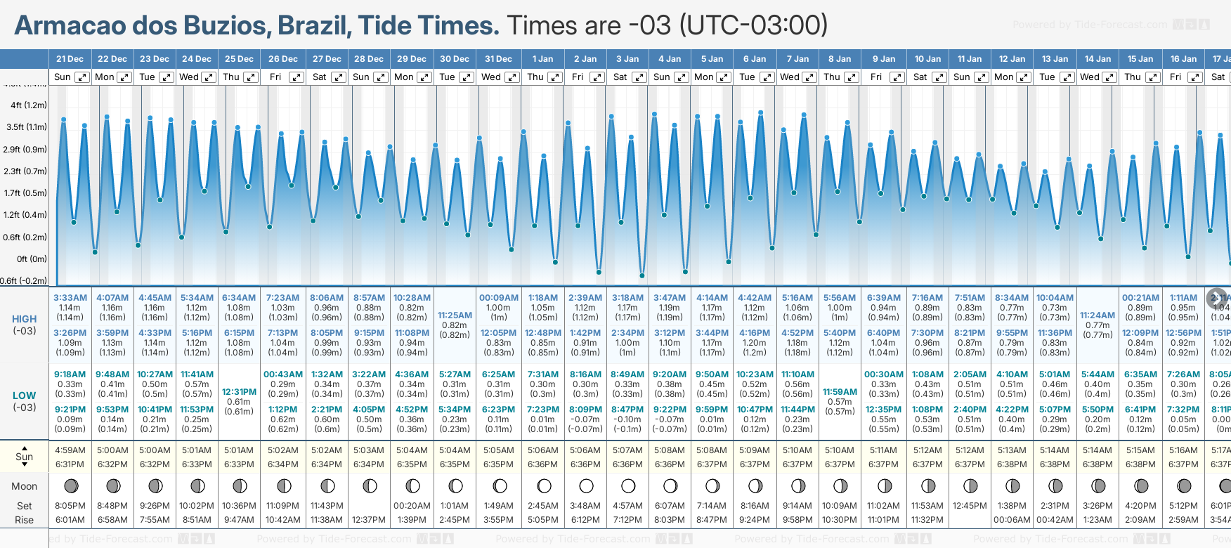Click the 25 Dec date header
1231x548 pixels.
[x=239, y=59]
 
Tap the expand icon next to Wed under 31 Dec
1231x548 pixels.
[x=512, y=77]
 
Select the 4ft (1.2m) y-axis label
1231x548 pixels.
[x=29, y=105]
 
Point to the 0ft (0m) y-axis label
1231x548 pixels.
[x=32, y=259]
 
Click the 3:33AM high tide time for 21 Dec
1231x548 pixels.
[x=70, y=298]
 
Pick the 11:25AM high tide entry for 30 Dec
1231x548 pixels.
[x=455, y=315]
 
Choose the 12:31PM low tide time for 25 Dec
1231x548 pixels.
[x=239, y=392]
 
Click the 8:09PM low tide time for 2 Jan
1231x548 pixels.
[x=585, y=410]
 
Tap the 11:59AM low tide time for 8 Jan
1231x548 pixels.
[x=840, y=392]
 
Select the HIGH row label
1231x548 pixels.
[x=25, y=319]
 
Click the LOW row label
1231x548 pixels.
[x=25, y=396]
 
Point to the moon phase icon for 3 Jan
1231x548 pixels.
[x=628, y=485]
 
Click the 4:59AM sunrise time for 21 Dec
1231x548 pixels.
[x=70, y=450]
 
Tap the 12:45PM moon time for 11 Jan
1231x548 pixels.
[x=970, y=506]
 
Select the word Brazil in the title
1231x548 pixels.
[x=315, y=25]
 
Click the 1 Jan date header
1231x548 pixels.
[x=542, y=59]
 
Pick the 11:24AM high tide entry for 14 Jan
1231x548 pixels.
[x=1098, y=315]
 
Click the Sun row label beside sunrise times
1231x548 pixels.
[x=25, y=457]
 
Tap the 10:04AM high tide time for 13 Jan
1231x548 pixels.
[x=1055, y=298]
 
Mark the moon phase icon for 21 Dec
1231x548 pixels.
[x=70, y=485]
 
